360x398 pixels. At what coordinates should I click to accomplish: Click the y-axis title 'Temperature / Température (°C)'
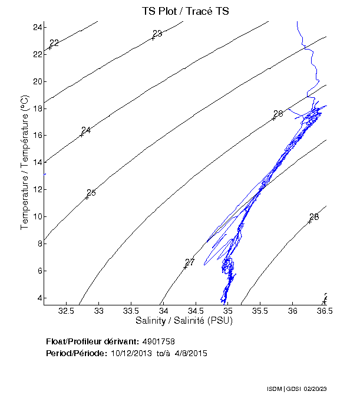[25, 162]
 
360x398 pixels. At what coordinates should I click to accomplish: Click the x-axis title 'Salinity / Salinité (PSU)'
[184, 321]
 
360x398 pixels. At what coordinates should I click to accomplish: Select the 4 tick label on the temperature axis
[39, 298]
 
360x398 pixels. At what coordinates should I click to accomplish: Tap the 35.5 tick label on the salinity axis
[260, 310]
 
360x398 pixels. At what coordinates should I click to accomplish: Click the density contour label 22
[54, 43]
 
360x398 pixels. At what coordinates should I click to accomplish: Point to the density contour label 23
[157, 34]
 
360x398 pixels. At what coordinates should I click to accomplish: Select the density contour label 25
[91, 193]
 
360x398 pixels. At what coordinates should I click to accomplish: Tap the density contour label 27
[190, 262]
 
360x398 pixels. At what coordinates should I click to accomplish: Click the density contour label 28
[314, 217]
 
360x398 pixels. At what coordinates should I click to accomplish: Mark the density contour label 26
[278, 113]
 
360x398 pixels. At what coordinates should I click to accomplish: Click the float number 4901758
[158, 341]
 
